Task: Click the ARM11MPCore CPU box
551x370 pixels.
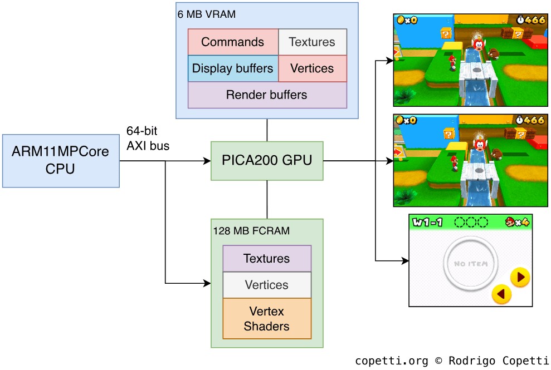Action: coord(61,160)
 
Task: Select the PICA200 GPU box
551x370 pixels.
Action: coord(267,160)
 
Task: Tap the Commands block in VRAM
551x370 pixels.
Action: coord(232,42)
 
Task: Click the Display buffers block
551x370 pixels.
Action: coord(232,68)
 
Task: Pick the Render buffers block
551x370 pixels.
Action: coord(267,95)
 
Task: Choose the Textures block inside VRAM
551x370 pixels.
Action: coord(312,42)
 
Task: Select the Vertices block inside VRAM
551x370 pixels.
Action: coord(312,68)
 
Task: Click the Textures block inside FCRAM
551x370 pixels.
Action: coord(267,259)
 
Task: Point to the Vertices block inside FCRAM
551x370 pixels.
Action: coord(267,285)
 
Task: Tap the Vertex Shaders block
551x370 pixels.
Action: coord(267,319)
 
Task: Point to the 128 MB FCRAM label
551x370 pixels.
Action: coord(251,230)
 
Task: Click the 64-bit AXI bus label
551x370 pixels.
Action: coord(148,139)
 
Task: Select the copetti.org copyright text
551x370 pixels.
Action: coord(451,361)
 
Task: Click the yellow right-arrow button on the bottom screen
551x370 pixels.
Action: coord(520,277)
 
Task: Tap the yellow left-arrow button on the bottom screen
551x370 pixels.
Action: coord(501,294)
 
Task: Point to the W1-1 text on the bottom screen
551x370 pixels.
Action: coord(427,223)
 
